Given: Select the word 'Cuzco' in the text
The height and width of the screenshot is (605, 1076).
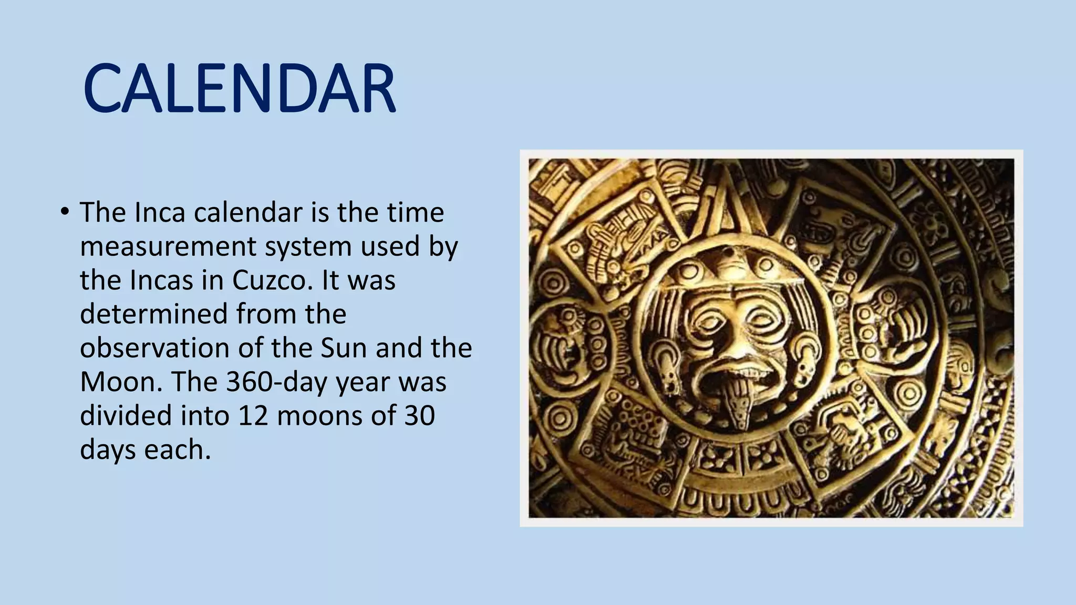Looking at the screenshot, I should (x=269, y=280).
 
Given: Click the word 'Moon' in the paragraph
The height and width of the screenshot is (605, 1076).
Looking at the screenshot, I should (x=117, y=382).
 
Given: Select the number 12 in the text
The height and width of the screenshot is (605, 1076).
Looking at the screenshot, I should (x=253, y=415).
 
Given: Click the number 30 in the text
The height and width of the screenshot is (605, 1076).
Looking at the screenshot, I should (x=420, y=415).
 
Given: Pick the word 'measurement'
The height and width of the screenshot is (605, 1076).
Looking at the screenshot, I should (x=168, y=246).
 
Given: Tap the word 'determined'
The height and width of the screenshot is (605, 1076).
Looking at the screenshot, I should (x=153, y=314).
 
